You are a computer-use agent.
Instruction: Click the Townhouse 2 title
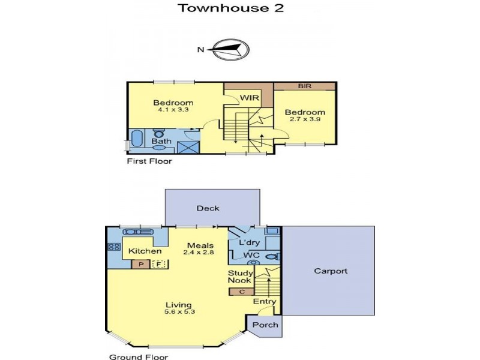(231, 8)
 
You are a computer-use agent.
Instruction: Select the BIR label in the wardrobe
(305, 86)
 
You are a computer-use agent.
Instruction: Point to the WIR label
(250, 98)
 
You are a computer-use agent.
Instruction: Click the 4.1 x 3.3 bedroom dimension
(173, 110)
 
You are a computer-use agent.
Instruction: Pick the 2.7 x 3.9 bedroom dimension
(305, 119)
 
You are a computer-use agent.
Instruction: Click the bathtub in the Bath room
(137, 139)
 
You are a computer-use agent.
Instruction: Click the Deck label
(208, 208)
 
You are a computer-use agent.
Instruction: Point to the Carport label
(331, 271)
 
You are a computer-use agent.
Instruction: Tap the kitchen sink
(137, 232)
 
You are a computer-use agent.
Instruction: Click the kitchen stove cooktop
(114, 247)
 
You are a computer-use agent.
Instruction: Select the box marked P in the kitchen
(141, 264)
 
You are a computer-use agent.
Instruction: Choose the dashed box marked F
(159, 264)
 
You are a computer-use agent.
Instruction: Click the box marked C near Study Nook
(242, 292)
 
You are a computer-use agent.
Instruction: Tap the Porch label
(265, 325)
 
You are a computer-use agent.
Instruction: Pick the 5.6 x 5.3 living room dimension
(179, 312)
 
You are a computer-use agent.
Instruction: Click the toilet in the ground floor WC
(274, 257)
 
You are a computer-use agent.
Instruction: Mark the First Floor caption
(149, 161)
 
